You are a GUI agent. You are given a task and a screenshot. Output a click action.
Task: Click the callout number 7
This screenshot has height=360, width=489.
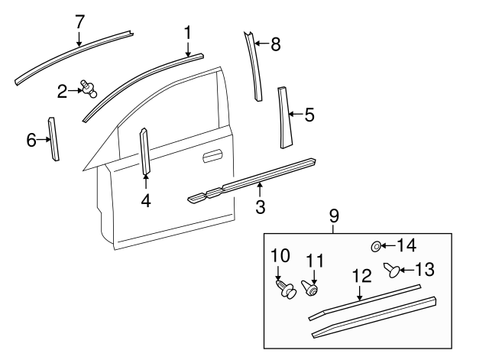coord(79,21)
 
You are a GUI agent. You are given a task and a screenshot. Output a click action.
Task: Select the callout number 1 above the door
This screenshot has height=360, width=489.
coord(187,32)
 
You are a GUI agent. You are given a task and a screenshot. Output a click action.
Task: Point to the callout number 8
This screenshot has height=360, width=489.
coord(275,44)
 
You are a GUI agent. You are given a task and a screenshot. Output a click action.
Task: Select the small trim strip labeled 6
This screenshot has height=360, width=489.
coord(54,138)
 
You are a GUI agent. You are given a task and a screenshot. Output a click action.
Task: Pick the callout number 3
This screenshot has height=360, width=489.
coord(260,206)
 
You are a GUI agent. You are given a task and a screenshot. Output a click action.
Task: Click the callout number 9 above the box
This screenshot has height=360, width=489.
coord(334,217)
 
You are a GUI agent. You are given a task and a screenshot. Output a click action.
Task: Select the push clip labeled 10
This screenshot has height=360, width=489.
coord(288,290)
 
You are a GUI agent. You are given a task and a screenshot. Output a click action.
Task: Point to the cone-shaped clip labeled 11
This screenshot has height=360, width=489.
coord(312,290)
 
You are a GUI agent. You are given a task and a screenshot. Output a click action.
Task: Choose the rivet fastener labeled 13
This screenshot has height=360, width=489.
coord(393,270)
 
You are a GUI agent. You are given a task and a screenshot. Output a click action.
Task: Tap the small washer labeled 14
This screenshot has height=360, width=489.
coord(376,246)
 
